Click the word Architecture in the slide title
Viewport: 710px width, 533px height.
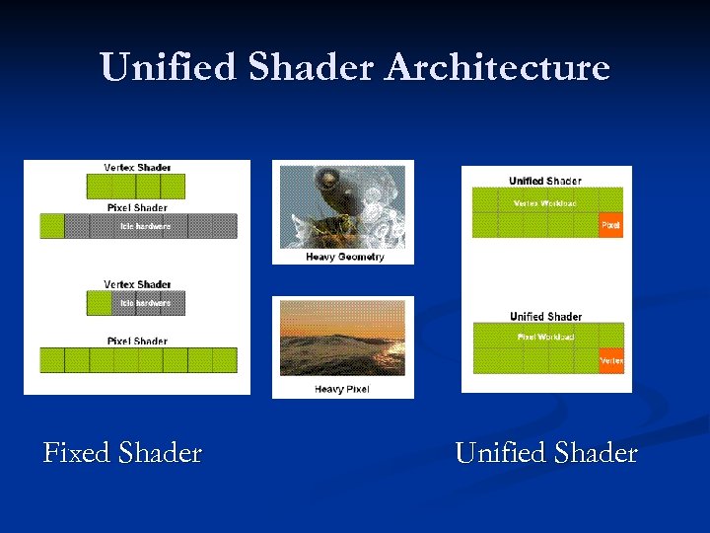pos(498,68)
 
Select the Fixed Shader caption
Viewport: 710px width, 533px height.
pos(123,453)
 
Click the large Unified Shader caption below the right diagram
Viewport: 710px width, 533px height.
pos(546,453)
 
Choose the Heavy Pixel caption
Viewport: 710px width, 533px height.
pos(342,389)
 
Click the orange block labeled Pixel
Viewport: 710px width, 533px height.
pos(611,225)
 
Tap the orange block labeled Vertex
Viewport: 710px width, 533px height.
pos(611,361)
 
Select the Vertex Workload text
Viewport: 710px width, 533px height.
pos(545,203)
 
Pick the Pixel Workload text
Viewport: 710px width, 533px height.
pos(545,338)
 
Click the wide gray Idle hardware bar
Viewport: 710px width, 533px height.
pos(150,226)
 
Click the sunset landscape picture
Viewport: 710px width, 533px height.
pos(342,339)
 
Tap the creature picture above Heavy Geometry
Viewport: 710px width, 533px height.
pos(342,206)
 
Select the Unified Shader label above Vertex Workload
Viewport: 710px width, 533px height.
pos(545,181)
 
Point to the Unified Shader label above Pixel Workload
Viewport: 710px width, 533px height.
pos(545,316)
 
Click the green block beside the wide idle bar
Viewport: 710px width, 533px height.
pos(51,226)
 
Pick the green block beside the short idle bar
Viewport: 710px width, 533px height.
pos(99,303)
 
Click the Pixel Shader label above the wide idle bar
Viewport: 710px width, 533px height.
pos(137,207)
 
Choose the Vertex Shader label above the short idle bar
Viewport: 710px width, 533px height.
pos(137,284)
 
